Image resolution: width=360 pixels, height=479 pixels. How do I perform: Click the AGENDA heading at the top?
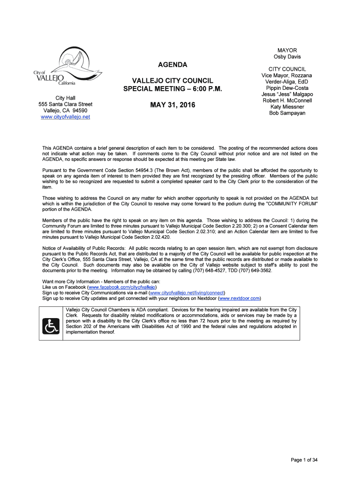(x=172, y=65)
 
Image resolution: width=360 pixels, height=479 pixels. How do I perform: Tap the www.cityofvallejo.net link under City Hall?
(x=65, y=117)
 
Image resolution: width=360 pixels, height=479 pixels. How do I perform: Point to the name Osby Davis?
(x=287, y=57)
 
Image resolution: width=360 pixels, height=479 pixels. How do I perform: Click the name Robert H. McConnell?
(x=287, y=101)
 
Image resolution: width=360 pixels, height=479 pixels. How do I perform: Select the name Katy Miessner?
(x=287, y=107)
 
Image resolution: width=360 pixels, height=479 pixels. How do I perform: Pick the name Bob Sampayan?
(x=287, y=113)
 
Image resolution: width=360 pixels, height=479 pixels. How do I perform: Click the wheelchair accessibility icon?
(x=50, y=326)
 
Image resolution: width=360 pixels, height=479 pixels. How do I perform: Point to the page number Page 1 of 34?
(x=304, y=460)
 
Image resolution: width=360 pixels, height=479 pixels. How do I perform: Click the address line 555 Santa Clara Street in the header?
(x=65, y=104)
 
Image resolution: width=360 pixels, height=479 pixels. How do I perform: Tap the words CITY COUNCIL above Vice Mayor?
(x=287, y=69)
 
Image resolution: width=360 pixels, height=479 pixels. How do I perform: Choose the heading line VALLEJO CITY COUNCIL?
(x=172, y=81)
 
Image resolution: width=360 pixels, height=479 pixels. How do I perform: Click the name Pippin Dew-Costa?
(x=287, y=88)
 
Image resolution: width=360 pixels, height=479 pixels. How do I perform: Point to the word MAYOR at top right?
(x=287, y=51)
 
